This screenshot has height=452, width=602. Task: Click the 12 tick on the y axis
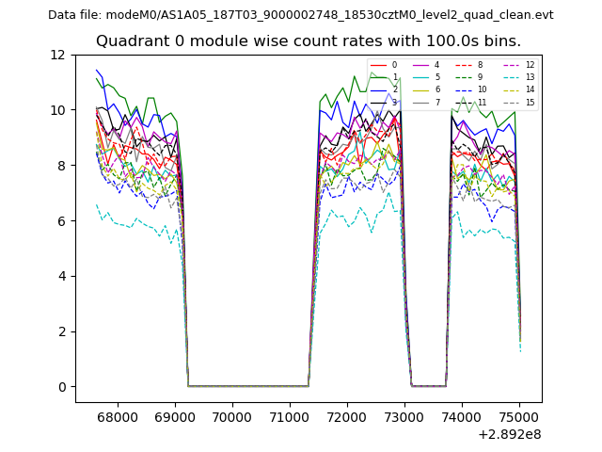pos(57,55)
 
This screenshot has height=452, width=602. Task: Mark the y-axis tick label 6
pos(61,221)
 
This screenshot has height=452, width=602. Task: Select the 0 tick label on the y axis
pos(61,387)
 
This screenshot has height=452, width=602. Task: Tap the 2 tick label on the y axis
pos(61,331)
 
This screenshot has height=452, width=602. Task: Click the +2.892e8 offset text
pos(510,435)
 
